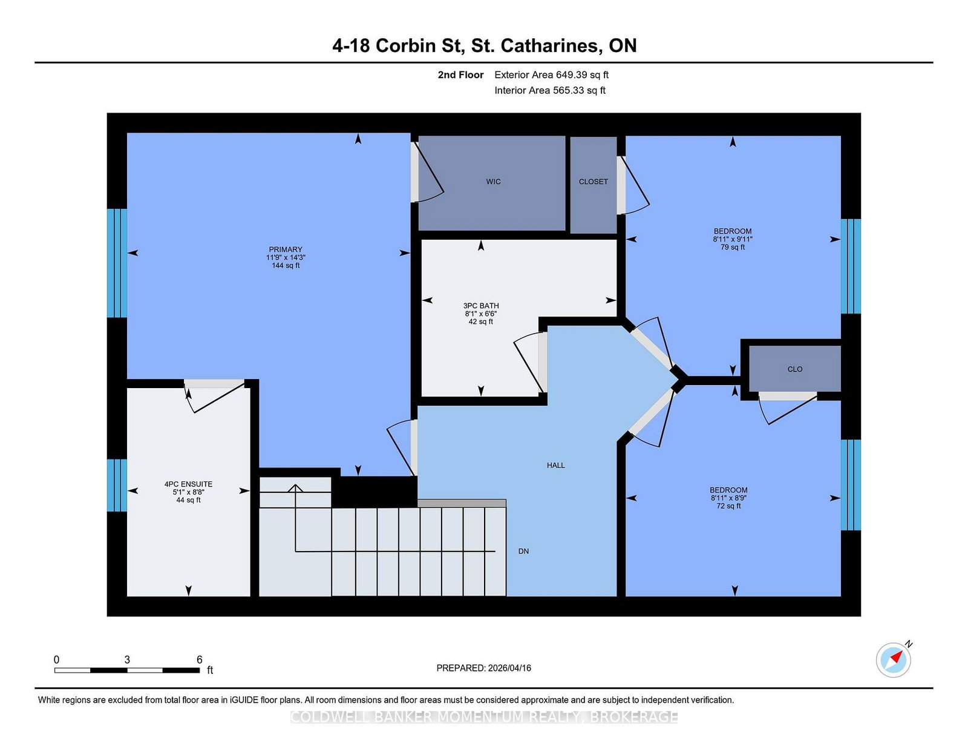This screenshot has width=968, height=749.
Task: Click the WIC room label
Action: click(x=493, y=182)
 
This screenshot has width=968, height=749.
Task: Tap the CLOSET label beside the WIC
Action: click(x=594, y=182)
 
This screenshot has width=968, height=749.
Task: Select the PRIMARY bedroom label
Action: click(x=286, y=249)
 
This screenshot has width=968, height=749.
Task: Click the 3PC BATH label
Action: click(x=481, y=306)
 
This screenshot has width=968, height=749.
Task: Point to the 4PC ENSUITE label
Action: click(x=188, y=484)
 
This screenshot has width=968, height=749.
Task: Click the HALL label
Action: click(x=556, y=466)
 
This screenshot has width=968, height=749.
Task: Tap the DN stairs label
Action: click(x=523, y=552)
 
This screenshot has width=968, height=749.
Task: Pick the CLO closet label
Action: click(x=795, y=369)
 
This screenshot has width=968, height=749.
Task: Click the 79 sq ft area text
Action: click(x=733, y=247)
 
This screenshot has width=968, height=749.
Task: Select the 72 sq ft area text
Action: click(x=729, y=506)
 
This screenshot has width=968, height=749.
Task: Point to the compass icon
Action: click(x=894, y=660)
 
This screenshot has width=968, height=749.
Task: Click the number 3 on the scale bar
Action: click(x=127, y=659)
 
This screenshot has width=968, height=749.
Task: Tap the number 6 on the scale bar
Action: click(x=200, y=659)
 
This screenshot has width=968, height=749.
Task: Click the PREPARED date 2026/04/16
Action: click(x=509, y=668)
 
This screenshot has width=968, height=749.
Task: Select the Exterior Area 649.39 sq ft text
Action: click(x=552, y=75)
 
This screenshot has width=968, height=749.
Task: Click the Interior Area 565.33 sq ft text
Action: click(x=550, y=90)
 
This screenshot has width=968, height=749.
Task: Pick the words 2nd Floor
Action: click(x=460, y=75)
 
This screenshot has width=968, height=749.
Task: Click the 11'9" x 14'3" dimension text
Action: click(x=286, y=257)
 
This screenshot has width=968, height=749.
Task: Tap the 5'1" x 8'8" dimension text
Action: click(x=188, y=492)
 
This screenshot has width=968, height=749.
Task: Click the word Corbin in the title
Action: click(x=405, y=46)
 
